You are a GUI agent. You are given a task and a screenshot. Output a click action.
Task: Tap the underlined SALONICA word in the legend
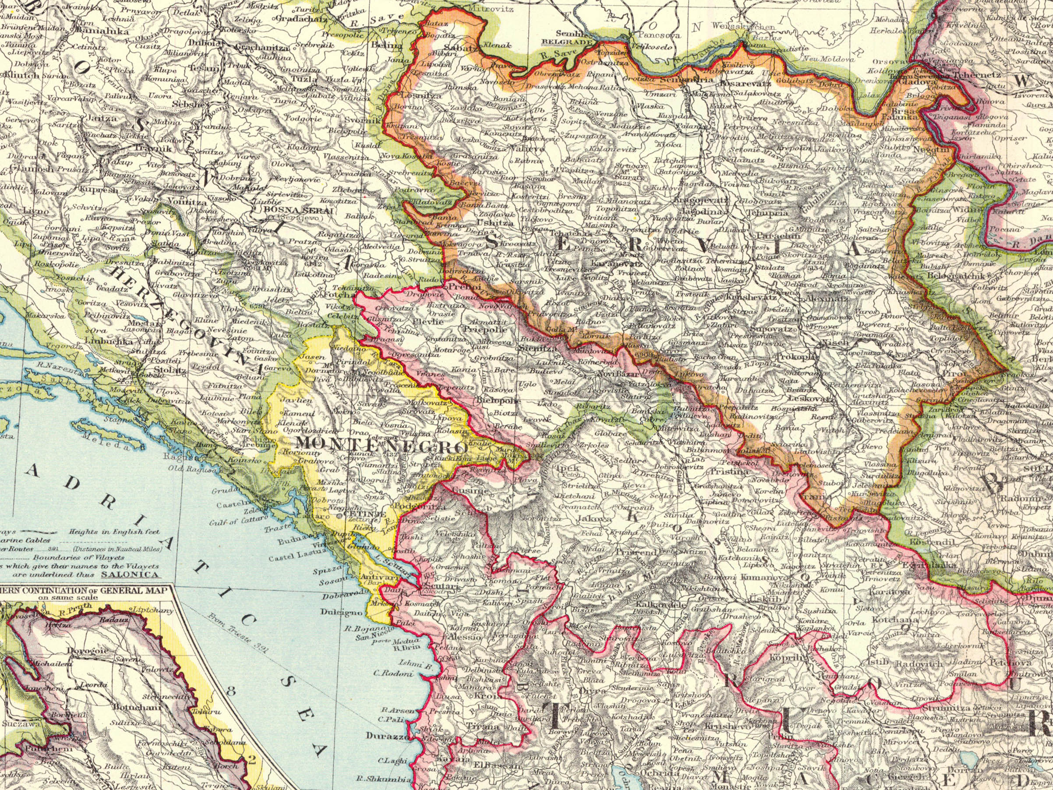tap(130, 575)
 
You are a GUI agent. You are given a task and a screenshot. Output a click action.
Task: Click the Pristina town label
tap(729, 472)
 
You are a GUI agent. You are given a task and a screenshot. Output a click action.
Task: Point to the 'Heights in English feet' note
tap(114, 532)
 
